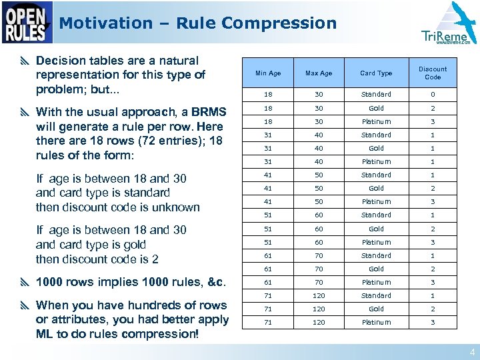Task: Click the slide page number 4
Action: (472, 353)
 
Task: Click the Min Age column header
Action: (268, 73)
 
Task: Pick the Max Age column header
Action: (318, 73)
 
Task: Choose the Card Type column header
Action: (376, 73)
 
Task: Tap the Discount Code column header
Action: (433, 73)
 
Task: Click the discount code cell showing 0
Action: (433, 95)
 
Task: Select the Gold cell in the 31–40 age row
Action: (376, 148)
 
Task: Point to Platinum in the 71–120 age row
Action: (376, 322)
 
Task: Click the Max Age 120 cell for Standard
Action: (318, 295)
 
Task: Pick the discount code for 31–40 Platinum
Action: (433, 161)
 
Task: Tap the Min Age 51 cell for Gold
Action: (268, 229)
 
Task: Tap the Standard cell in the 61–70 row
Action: (376, 255)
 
